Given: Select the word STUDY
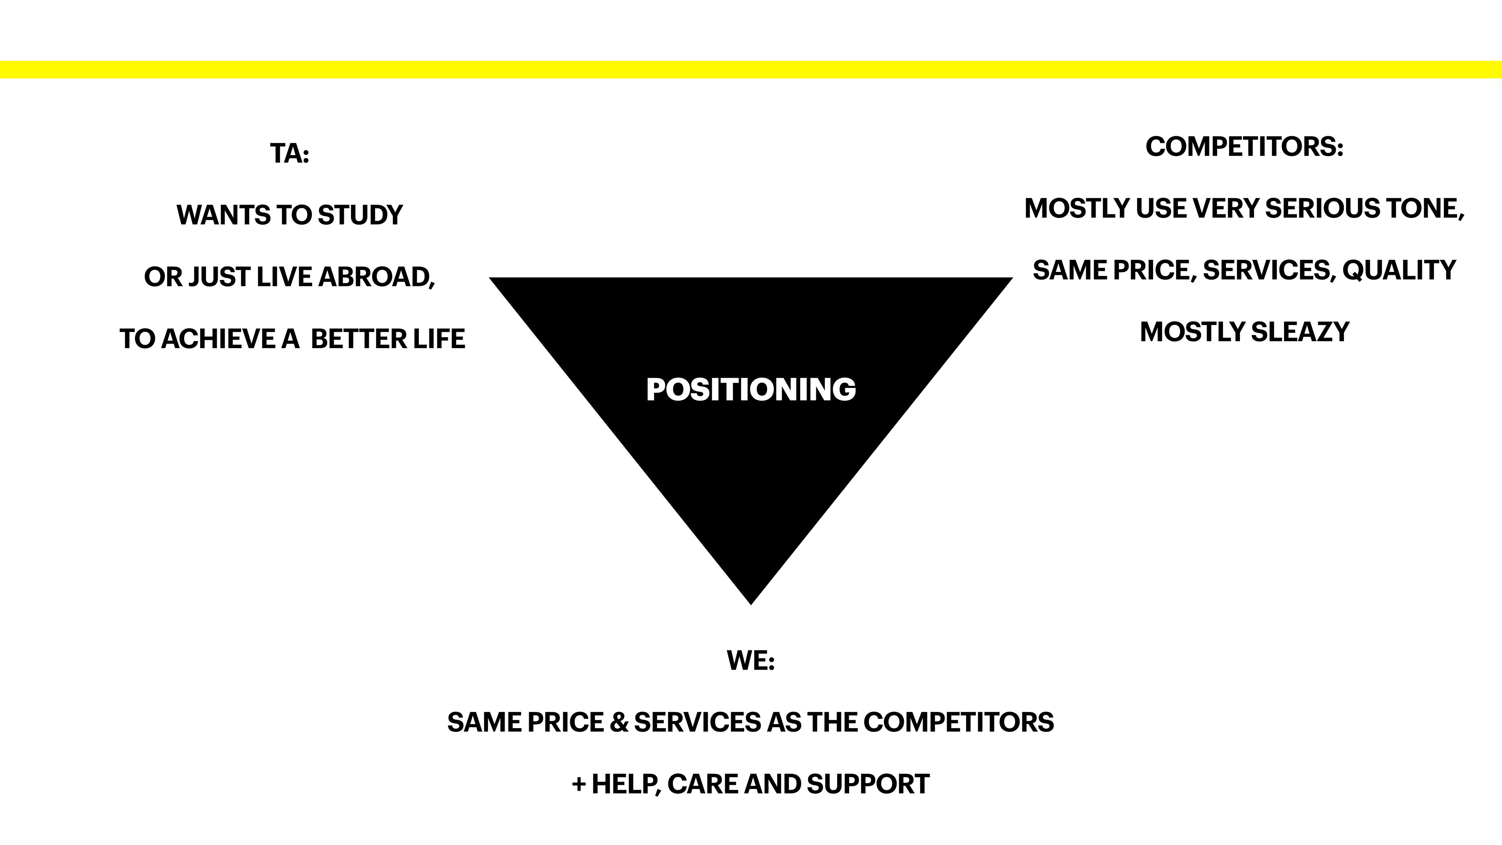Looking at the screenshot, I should coord(360,215).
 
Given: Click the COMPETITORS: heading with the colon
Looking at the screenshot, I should coord(1244,146).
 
